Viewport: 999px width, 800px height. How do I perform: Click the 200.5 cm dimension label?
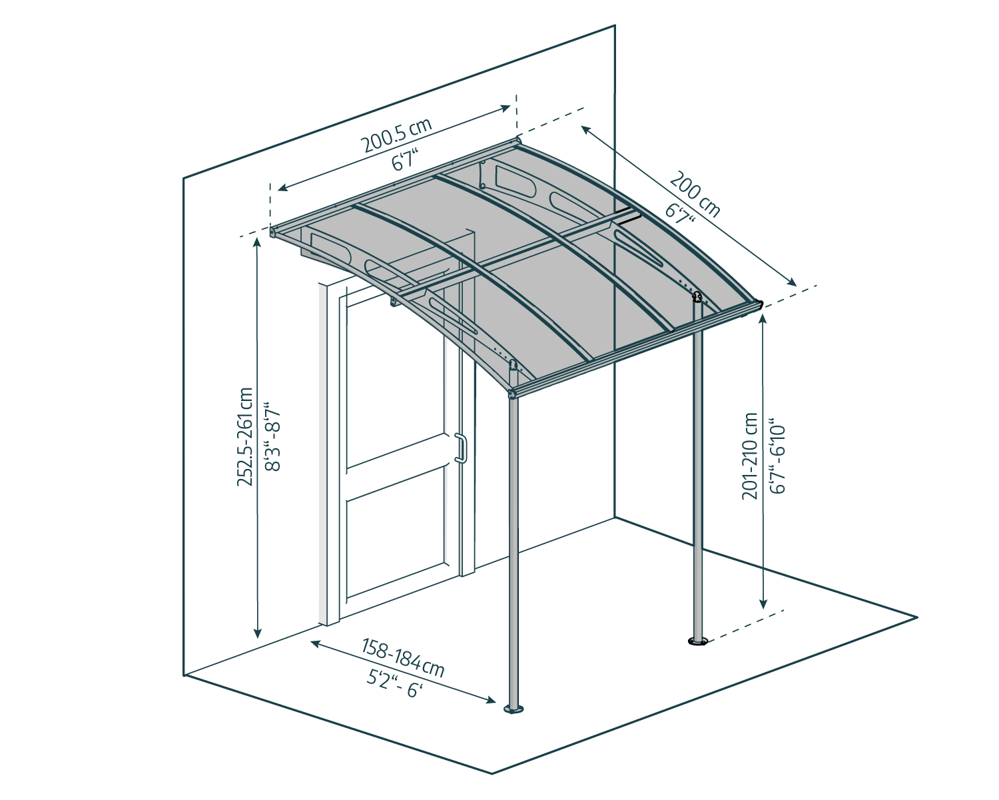point(396,136)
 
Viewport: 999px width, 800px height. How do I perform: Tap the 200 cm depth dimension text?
point(695,194)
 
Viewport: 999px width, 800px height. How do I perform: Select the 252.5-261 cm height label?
point(246,437)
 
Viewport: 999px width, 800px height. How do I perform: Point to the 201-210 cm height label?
point(751,456)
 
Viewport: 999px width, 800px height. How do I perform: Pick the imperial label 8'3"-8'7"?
point(274,437)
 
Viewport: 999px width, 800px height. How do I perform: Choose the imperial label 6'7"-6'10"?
point(778,456)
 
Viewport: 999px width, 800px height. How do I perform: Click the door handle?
point(460,448)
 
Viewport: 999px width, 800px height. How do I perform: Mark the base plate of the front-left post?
point(513,709)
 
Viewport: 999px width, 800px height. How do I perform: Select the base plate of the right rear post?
point(698,642)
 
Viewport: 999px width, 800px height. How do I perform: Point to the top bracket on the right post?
point(697,297)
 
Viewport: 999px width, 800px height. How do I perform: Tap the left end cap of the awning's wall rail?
point(273,232)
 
